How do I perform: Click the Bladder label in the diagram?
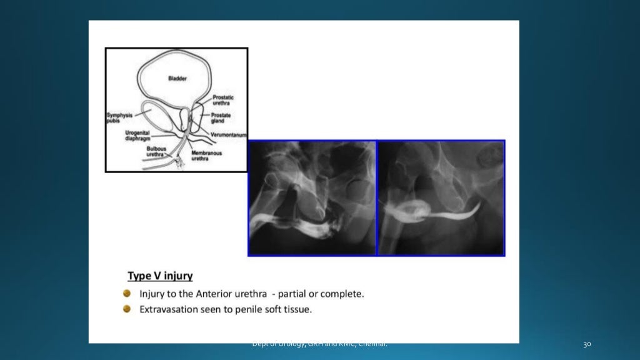pyautogui.click(x=177, y=78)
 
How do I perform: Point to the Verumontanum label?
pyautogui.click(x=229, y=134)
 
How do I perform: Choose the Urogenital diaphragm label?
pyautogui.click(x=137, y=136)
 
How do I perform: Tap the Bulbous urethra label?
pyautogui.click(x=155, y=151)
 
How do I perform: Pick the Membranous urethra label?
pyautogui.click(x=206, y=156)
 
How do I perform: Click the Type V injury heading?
pyautogui.click(x=160, y=276)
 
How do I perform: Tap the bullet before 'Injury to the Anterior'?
pyautogui.click(x=127, y=293)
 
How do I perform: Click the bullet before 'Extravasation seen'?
pyautogui.click(x=127, y=309)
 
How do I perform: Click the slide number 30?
pyautogui.click(x=587, y=344)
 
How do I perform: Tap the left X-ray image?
pyautogui.click(x=312, y=197)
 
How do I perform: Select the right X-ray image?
pyautogui.click(x=441, y=197)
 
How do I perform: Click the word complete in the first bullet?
pyautogui.click(x=343, y=293)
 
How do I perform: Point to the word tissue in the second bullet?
pyautogui.click(x=297, y=309)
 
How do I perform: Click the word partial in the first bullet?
pyautogui.click(x=293, y=293)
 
